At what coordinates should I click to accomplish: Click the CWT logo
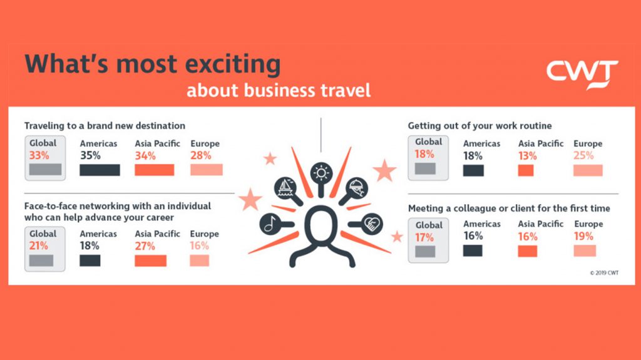coord(582,75)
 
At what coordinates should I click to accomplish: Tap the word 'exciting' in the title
coord(233,64)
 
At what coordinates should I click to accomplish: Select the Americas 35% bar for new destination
coord(100,170)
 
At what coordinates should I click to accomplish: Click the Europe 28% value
coord(201,155)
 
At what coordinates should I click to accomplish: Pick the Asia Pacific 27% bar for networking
coord(150,260)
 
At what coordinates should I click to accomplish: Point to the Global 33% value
coord(39,155)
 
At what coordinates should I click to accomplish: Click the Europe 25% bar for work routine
coord(588,170)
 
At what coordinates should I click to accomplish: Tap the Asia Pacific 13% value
coord(527,156)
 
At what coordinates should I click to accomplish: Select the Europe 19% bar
coord(585,251)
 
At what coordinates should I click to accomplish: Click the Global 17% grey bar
coord(425,251)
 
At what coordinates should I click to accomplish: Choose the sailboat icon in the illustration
coord(285,188)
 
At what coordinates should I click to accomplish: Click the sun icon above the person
coord(321,173)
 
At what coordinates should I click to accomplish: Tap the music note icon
coord(270,224)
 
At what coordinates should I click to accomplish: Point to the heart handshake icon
coord(372,224)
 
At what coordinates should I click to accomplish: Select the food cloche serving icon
coord(356,188)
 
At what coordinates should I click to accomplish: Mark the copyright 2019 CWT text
coord(604,273)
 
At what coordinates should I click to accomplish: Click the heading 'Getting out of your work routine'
coord(480,126)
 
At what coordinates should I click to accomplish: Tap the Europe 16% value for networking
coord(200,246)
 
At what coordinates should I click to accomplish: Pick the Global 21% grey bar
coord(41,260)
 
